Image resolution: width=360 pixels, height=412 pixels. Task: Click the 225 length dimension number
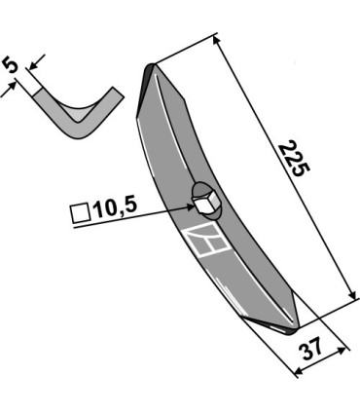295,158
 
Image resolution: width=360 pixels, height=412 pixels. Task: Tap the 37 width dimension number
312,349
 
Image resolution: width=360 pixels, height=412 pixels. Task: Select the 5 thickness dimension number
10,65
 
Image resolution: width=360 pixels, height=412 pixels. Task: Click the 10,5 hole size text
115,208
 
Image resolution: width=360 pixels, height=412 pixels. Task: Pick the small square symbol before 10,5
80,213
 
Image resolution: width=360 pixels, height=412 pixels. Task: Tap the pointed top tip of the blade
151,66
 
